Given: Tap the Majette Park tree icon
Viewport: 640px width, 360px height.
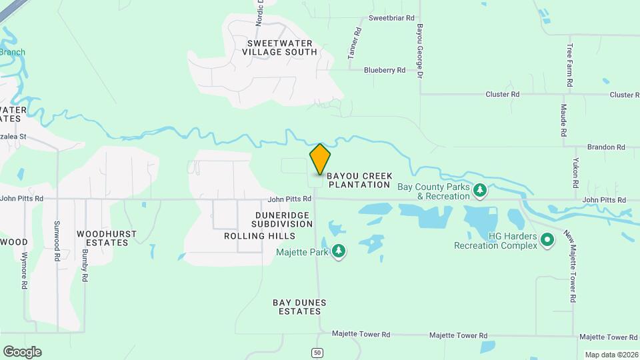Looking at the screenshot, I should click(x=339, y=251).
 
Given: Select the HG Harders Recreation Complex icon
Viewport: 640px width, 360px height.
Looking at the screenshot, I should click(x=547, y=239).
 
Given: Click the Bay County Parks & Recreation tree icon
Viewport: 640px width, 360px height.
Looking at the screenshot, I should click(x=479, y=191).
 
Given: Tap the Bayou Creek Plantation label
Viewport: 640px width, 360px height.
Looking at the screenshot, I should click(x=359, y=180).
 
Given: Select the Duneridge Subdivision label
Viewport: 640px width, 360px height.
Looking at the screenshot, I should click(x=283, y=219).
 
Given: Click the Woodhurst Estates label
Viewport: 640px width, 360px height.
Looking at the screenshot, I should click(x=107, y=238).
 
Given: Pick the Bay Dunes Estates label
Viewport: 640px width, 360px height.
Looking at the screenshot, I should click(x=300, y=307).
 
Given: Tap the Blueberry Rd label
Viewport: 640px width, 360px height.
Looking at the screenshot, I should click(x=385, y=70).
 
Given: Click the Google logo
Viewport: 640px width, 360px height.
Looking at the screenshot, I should click(x=22, y=352).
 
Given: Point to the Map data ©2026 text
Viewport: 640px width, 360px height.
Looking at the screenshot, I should click(x=610, y=355).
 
